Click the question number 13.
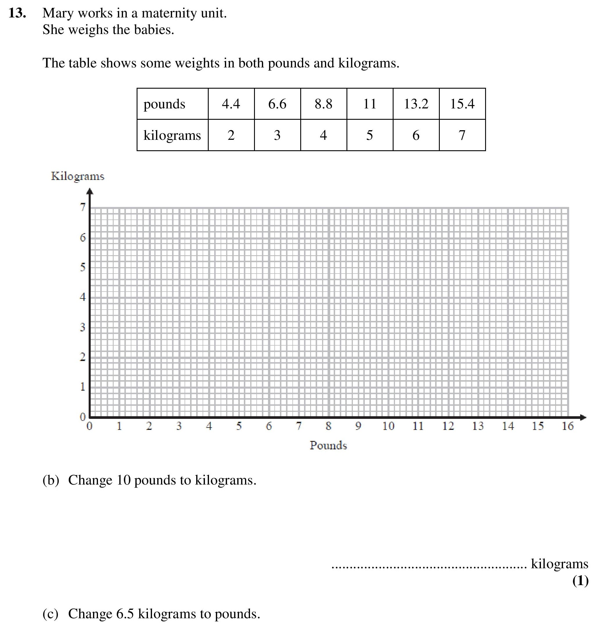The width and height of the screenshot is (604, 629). (x=17, y=13)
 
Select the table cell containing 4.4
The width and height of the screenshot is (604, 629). (x=231, y=104)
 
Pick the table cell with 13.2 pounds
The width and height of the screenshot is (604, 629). (x=416, y=104)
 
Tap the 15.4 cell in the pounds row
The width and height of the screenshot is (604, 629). (x=462, y=104)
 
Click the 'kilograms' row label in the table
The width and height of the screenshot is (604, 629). (x=172, y=135)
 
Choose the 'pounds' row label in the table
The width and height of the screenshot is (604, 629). (x=164, y=104)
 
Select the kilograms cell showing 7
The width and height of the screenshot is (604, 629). (x=462, y=135)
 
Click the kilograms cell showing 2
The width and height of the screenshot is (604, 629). (x=231, y=135)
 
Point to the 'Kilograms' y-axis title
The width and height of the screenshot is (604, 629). (x=78, y=176)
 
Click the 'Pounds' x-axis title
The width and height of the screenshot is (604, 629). (x=328, y=445)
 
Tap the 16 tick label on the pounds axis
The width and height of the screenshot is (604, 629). (x=567, y=426)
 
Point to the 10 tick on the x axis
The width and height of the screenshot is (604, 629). (x=388, y=426)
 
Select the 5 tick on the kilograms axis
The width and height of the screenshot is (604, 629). (x=83, y=267)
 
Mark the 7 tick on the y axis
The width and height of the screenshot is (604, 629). (x=83, y=207)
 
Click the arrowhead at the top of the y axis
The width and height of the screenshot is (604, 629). (x=90, y=191)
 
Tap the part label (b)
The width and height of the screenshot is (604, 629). (x=51, y=480)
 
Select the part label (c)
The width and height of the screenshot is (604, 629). (x=50, y=614)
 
